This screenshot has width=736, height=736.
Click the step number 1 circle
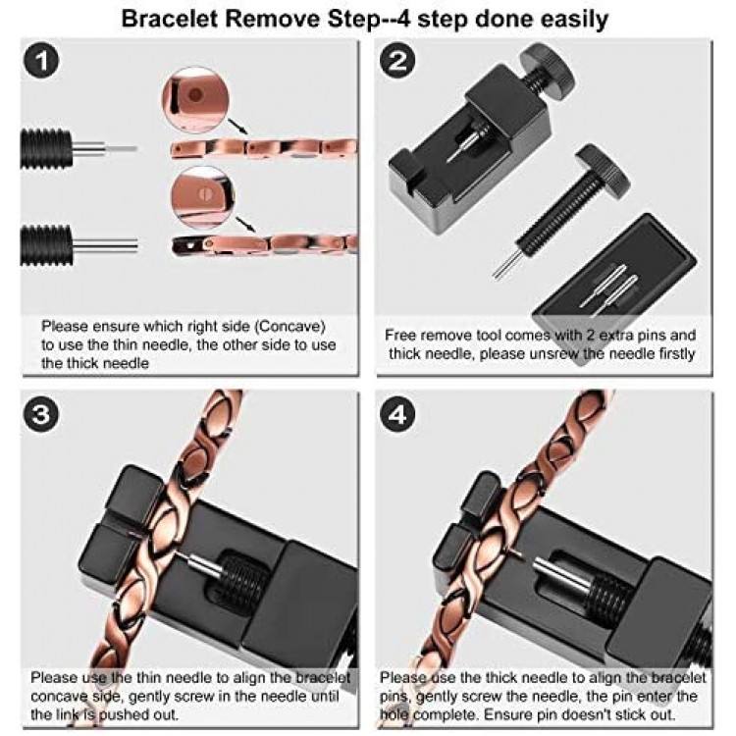41,62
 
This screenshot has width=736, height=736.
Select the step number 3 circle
41,414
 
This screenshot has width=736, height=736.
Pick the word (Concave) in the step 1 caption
290,325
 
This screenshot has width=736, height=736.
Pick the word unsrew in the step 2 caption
568,352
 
